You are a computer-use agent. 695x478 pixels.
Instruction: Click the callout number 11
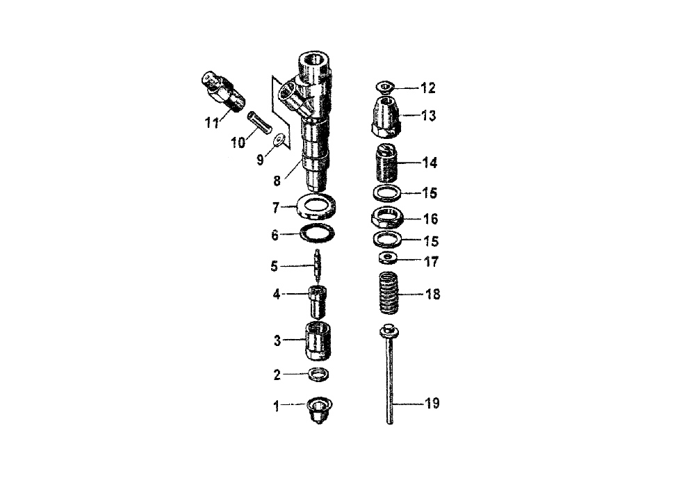pyautogui.click(x=212, y=122)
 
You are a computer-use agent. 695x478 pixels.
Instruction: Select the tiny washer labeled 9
pyautogui.click(x=279, y=140)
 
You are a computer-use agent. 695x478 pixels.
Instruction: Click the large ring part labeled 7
pyautogui.click(x=315, y=206)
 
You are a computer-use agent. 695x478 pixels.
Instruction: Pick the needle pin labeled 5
pyautogui.click(x=318, y=267)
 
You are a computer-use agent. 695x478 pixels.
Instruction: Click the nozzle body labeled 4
pyautogui.click(x=318, y=302)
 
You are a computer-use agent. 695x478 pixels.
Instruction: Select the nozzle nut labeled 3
pyautogui.click(x=318, y=341)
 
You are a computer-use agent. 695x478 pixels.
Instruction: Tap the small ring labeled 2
pyautogui.click(x=319, y=374)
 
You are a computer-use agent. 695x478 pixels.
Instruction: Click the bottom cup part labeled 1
pyautogui.click(x=320, y=409)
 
